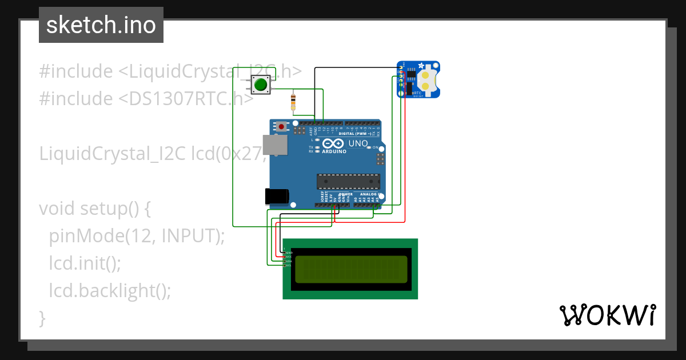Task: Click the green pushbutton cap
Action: click(261, 86)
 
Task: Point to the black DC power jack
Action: click(277, 196)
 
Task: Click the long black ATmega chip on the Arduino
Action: click(348, 181)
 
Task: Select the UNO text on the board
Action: click(358, 143)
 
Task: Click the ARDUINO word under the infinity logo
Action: click(334, 151)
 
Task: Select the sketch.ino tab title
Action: click(101, 25)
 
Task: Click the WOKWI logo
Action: click(607, 315)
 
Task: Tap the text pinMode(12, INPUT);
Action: click(137, 235)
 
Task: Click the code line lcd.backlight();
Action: click(110, 290)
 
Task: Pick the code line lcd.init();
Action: click(85, 263)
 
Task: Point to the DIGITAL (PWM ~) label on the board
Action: click(356, 133)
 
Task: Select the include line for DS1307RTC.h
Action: click(146, 99)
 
